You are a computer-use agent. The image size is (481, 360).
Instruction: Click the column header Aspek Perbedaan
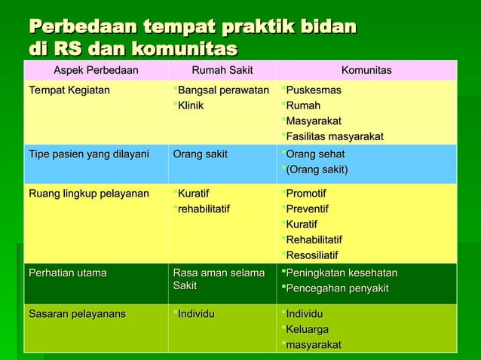[x=96, y=71]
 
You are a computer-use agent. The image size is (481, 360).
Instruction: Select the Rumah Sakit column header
[x=222, y=71]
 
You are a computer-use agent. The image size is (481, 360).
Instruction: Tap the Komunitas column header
[x=366, y=71]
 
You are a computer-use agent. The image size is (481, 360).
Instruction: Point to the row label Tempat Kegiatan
[x=69, y=90]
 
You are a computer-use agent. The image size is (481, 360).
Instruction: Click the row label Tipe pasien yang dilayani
[x=89, y=154]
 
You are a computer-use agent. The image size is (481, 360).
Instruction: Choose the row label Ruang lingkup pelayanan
[x=89, y=194]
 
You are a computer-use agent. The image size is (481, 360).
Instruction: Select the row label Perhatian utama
[x=68, y=273]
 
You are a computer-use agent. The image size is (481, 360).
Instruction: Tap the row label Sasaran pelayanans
[x=78, y=313]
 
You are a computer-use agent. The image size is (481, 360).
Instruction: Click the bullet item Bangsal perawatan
[x=223, y=90]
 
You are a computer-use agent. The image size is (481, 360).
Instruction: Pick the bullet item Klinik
[x=191, y=105]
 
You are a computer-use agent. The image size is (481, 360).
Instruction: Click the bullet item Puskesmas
[x=313, y=90]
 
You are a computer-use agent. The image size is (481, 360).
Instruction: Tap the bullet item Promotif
[x=308, y=194]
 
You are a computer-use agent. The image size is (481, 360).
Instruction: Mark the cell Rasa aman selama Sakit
[x=219, y=279]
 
